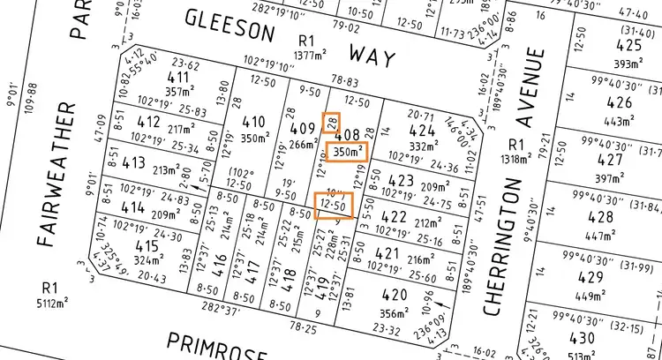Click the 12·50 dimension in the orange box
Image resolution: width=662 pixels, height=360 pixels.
coord(334,205)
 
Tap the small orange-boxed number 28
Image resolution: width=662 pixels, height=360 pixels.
coord(333,122)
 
